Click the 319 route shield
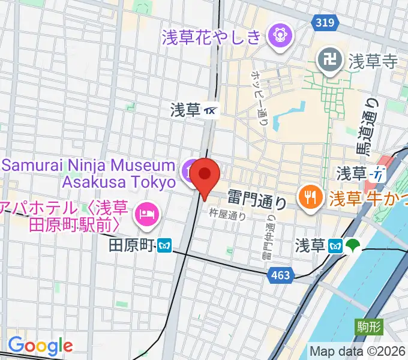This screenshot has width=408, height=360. click(323, 22)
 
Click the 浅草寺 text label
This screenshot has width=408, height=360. click(373, 61)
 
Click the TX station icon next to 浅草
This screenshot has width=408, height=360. click(211, 110)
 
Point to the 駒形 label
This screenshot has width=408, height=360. click(367, 327)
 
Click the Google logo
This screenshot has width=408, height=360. click(40, 346)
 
